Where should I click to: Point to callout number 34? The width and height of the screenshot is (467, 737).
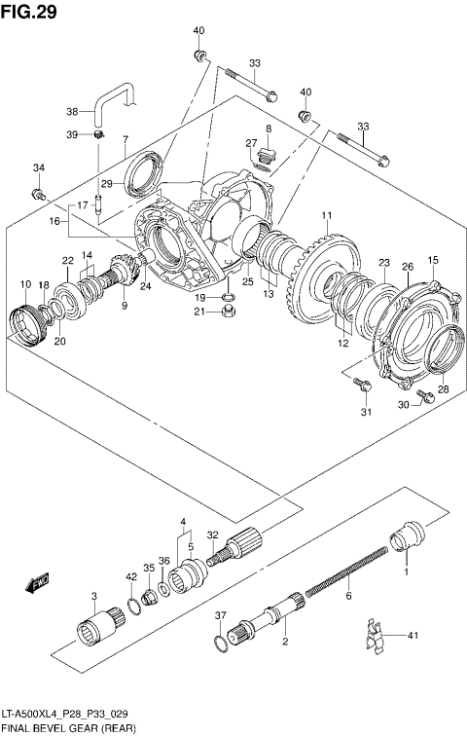point(38,168)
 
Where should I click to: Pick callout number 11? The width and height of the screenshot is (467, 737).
point(328,215)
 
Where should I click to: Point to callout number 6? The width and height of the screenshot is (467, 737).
point(347,595)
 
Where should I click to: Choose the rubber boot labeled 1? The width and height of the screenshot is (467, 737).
point(407,537)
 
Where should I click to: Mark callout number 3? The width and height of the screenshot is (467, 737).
point(94,596)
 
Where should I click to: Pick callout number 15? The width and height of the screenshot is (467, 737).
point(433,260)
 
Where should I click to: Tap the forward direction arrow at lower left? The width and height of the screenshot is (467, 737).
point(37,583)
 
